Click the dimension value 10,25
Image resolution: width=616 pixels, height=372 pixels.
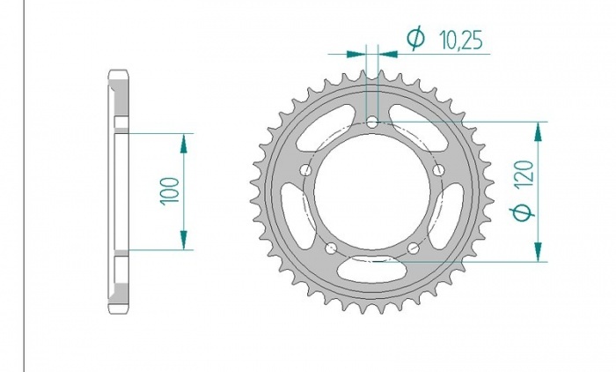tap(461, 41)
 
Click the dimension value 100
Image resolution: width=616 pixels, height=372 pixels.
tap(170, 191)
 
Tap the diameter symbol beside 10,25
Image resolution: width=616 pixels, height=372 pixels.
tap(415, 39)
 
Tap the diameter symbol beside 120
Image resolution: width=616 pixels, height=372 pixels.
tap(523, 212)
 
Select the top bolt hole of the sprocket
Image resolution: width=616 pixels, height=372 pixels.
tap(372, 122)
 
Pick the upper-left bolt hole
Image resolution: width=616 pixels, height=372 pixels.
tap(305, 170)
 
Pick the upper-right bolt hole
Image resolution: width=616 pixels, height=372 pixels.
tap(439, 170)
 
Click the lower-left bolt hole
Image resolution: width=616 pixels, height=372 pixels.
tap(331, 249)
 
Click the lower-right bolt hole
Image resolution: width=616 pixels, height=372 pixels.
tap(414, 249)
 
